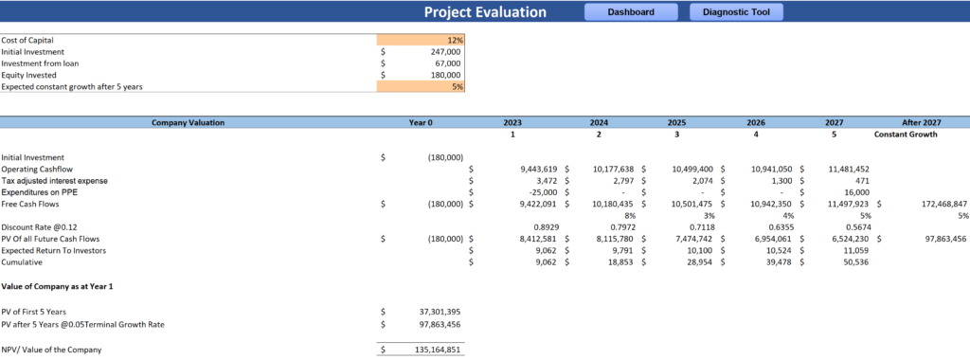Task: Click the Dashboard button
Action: click(x=631, y=12)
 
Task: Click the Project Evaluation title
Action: click(x=485, y=12)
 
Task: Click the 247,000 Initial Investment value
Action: click(x=445, y=51)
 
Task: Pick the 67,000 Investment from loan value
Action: click(x=447, y=63)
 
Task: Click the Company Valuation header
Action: click(x=189, y=122)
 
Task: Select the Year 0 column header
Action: click(x=421, y=122)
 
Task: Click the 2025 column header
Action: click(x=676, y=122)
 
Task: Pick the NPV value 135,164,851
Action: click(x=433, y=350)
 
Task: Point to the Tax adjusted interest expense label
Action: click(x=54, y=180)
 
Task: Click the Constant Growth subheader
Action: click(x=906, y=135)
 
